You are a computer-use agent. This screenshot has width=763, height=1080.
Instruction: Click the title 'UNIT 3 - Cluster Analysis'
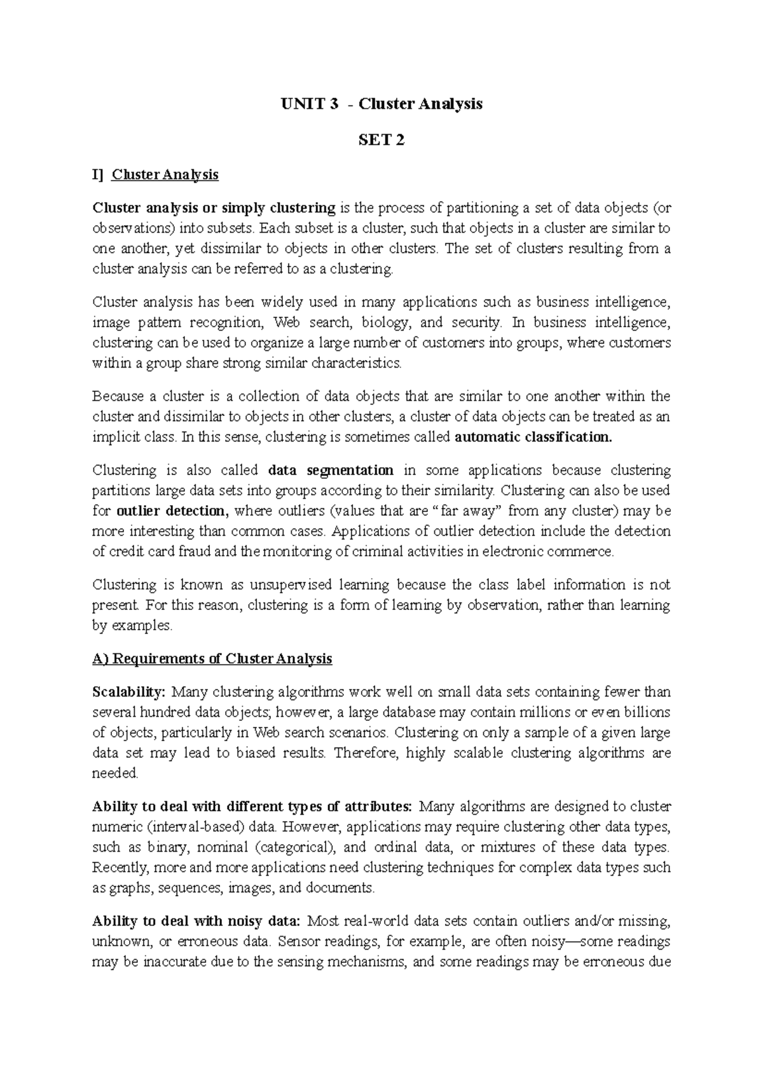tap(381, 104)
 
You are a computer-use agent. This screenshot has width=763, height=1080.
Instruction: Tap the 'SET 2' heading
tap(381, 140)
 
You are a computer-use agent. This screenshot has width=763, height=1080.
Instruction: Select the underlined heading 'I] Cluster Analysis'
tap(155, 175)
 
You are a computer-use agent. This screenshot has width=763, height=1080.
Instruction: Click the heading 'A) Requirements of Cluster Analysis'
tap(212, 659)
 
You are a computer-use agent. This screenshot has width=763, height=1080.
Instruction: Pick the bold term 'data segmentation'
tap(331, 471)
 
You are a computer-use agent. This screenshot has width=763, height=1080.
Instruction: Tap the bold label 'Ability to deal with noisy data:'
tap(196, 921)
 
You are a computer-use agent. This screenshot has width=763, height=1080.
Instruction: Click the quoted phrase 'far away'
tap(467, 511)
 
